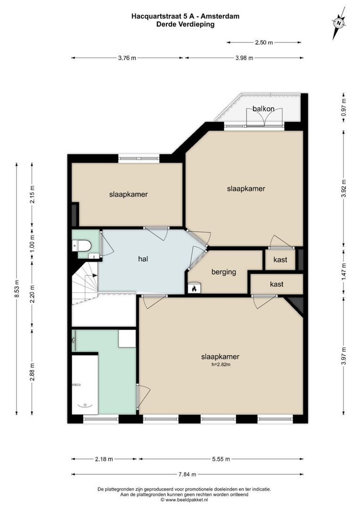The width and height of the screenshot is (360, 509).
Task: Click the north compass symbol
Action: [338, 23]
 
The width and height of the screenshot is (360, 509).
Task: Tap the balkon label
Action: [263, 109]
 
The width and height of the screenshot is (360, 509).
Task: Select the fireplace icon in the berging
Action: [194, 288]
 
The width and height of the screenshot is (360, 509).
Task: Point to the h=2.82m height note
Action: [221, 364]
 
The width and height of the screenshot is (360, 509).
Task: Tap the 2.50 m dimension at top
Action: [264, 42]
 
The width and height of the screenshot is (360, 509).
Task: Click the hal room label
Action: [144, 259]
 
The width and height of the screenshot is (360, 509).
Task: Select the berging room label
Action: [223, 272]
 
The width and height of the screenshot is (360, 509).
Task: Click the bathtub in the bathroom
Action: [85, 384]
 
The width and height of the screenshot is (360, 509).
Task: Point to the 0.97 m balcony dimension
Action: [344, 107]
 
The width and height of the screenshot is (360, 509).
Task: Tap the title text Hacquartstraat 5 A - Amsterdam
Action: [185, 16]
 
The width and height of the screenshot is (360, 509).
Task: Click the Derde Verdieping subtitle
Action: [185, 25]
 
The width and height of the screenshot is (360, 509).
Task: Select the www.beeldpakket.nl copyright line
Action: [184, 500]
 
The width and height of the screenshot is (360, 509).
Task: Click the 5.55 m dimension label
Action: [221, 459]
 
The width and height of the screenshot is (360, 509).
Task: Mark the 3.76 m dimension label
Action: [127, 58]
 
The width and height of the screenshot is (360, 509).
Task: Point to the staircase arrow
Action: [94, 275]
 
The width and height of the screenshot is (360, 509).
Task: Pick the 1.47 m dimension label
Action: [344, 271]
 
